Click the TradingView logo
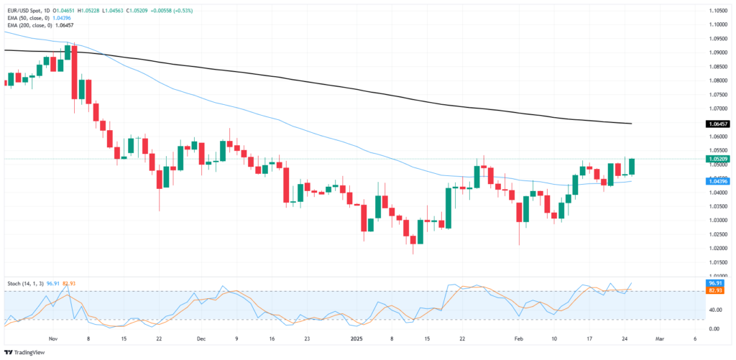[x=22, y=352]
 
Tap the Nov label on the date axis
[x=52, y=338]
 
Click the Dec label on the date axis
[x=201, y=338]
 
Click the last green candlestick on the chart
[x=632, y=166]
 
